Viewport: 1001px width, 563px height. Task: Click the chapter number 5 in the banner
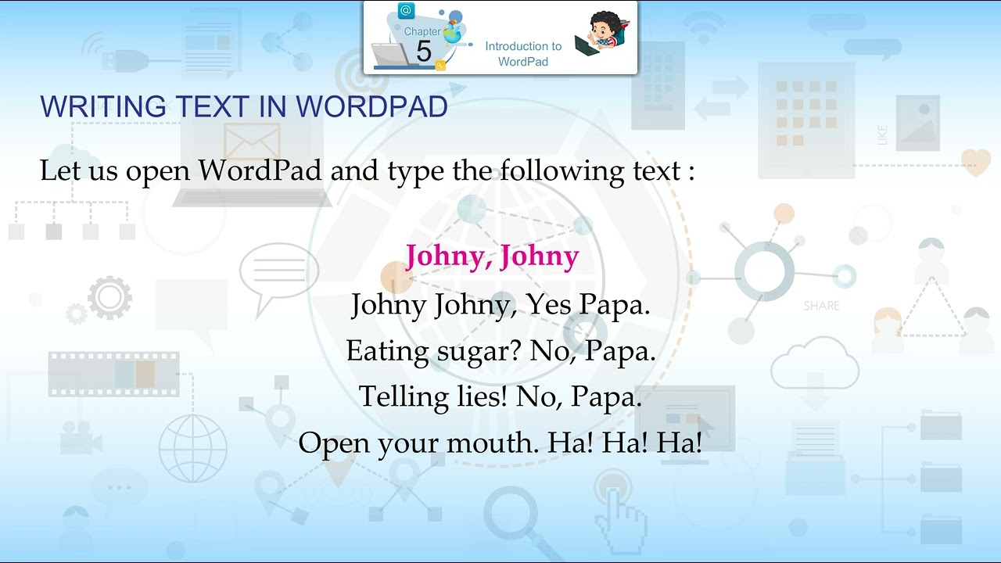pos(423,52)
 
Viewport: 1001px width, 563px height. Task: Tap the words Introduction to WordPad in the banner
pos(523,54)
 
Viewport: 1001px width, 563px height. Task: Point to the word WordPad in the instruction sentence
pos(260,170)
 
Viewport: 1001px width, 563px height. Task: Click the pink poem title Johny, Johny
pos(492,256)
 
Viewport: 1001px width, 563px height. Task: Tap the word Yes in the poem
pos(549,304)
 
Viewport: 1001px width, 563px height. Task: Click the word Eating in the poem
pos(387,352)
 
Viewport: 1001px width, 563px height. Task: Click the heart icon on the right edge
pos(975,161)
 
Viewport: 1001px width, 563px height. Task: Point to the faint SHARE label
pos(821,306)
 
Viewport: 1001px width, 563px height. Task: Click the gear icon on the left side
pos(109,297)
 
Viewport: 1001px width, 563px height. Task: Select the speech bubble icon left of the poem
pos(278,270)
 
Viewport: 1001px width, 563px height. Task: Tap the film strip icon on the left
pos(114,374)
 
